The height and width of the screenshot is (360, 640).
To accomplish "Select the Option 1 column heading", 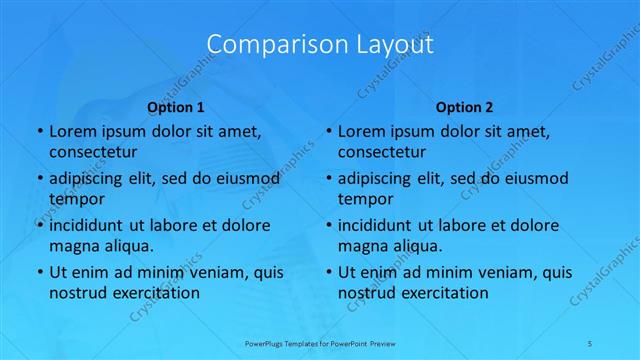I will tap(176, 106).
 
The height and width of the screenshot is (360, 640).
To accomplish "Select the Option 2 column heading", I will tap(464, 106).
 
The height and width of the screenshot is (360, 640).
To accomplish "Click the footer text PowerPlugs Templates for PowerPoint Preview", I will tap(320, 342).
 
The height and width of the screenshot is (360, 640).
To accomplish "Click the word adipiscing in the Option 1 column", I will tap(91, 179).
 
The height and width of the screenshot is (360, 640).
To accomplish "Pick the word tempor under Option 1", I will tap(75, 199).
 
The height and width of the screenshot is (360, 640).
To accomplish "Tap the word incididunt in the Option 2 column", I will tap(382, 225).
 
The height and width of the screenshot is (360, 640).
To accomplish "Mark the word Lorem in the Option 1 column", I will tap(72, 132).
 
